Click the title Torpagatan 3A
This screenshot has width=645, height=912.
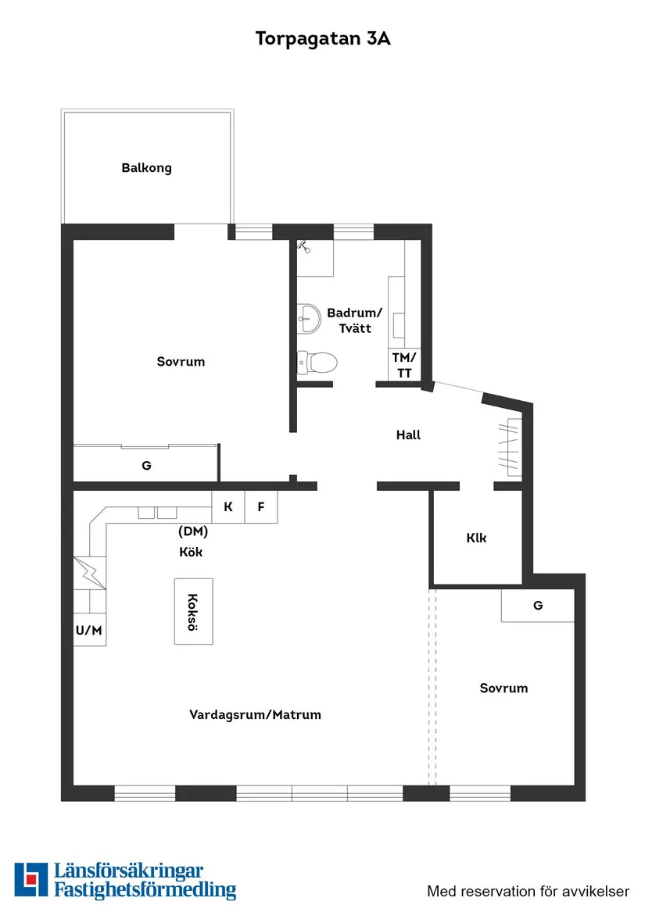(322, 39)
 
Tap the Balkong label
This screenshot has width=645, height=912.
(146, 168)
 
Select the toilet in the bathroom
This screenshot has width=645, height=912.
(317, 362)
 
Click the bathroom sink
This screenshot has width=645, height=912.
(309, 317)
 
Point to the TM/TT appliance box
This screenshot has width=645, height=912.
(404, 366)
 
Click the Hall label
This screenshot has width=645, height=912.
(408, 435)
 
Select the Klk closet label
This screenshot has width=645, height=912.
(476, 538)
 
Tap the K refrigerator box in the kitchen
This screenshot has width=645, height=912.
(228, 507)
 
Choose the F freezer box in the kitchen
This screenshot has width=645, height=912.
(261, 507)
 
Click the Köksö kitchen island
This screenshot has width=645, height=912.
(193, 611)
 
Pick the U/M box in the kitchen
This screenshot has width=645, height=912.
(90, 631)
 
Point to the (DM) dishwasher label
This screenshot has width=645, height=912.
(193, 532)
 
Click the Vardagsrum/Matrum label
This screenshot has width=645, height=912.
(255, 715)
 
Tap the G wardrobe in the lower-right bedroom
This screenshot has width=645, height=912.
(538, 606)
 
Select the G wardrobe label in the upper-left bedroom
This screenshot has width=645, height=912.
(146, 466)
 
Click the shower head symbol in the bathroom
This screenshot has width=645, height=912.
(304, 246)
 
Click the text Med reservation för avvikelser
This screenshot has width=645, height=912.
(528, 891)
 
